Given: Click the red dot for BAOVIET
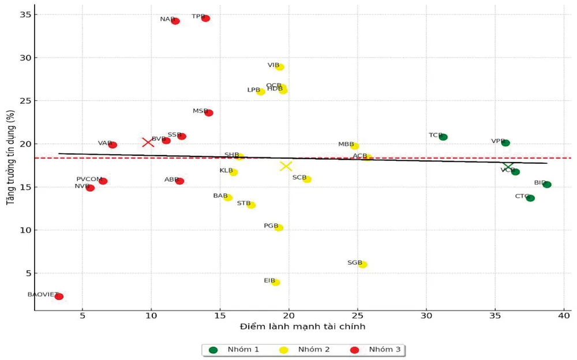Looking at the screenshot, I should click(x=59, y=297).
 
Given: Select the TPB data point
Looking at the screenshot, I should click(x=205, y=18).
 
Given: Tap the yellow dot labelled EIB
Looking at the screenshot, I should click(x=276, y=282).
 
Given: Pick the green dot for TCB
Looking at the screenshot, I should click(x=443, y=137).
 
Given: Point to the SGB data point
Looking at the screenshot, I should click(x=362, y=265).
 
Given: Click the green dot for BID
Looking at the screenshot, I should click(x=547, y=185).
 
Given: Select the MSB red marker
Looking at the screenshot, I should click(x=209, y=113).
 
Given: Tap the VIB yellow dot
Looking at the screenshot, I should click(x=280, y=67).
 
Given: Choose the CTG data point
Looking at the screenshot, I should click(x=530, y=198).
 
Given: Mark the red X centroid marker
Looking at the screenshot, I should click(x=148, y=142).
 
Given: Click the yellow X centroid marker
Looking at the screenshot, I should click(x=286, y=166).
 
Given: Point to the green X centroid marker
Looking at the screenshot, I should click(x=508, y=166).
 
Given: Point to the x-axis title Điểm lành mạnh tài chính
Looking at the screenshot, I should click(x=302, y=327).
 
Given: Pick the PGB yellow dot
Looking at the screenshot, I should click(x=279, y=228).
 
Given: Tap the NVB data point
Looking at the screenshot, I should click(x=90, y=187).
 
